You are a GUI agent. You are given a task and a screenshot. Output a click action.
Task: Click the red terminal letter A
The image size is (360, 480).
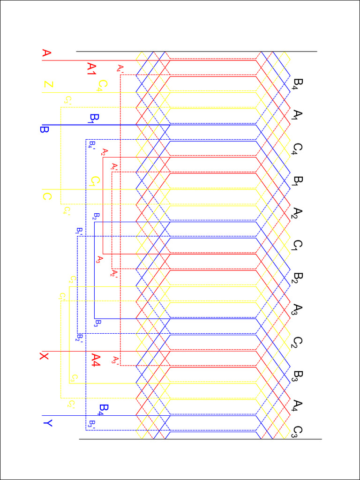click(46, 53)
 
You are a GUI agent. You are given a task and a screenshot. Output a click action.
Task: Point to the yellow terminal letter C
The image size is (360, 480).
click(47, 196)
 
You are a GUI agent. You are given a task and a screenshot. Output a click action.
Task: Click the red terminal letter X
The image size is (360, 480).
click(44, 357)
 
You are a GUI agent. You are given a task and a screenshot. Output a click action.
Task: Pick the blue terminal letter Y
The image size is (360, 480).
click(47, 423)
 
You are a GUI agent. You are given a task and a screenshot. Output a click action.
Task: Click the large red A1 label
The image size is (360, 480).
click(91, 69)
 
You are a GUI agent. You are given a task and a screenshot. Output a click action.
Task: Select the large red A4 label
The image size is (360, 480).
click(96, 360)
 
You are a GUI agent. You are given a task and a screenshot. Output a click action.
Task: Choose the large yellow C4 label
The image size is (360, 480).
click(102, 86)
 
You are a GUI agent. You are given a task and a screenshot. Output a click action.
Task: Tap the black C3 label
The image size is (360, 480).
click(297, 432)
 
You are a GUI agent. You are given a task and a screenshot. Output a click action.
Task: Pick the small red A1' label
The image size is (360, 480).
click(114, 166)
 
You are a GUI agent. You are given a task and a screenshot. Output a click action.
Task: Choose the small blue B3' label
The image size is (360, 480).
click(92, 425)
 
